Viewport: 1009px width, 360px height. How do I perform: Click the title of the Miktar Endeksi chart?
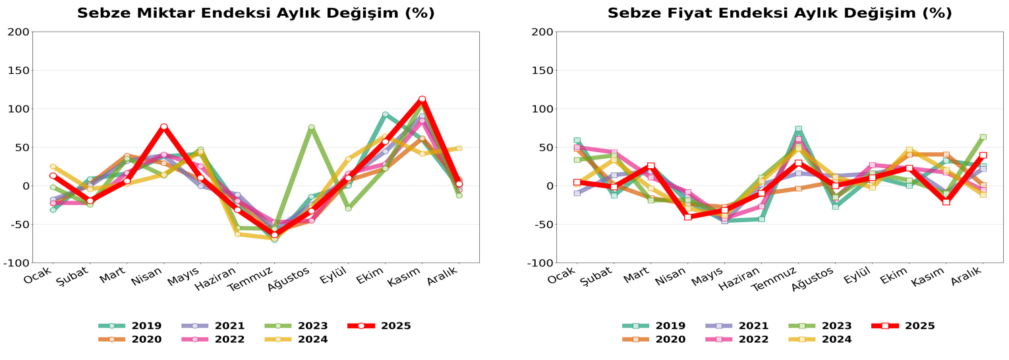[x=256, y=13]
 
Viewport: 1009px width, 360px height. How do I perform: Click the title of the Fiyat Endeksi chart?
[x=780, y=13]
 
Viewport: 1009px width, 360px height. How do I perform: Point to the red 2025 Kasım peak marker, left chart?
[x=422, y=99]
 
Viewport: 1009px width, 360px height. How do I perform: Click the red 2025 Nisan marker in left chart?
[x=164, y=127]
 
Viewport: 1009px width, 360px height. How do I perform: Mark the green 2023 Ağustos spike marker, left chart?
[x=311, y=127]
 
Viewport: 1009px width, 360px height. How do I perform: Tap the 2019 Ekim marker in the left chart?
[x=385, y=114]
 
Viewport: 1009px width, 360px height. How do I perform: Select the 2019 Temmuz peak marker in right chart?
[x=798, y=129]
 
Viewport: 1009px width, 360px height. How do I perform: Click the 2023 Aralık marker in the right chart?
[x=983, y=137]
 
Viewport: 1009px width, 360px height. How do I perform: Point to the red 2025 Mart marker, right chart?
[x=650, y=166]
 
